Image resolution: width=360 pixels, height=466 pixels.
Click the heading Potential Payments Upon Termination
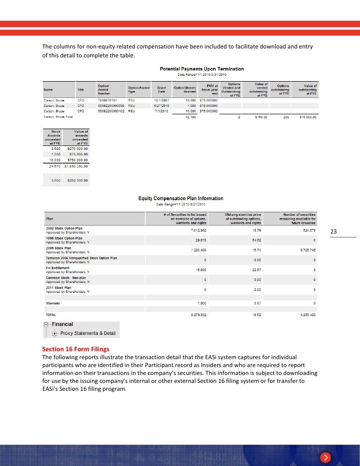click(201, 69)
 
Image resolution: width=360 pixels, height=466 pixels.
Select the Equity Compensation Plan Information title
click(181, 199)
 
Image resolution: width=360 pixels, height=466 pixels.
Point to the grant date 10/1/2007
click(162, 99)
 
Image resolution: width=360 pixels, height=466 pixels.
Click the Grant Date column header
click(161, 90)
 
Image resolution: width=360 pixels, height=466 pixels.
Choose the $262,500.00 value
click(77, 181)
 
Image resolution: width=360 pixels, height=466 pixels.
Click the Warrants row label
click(53, 303)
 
